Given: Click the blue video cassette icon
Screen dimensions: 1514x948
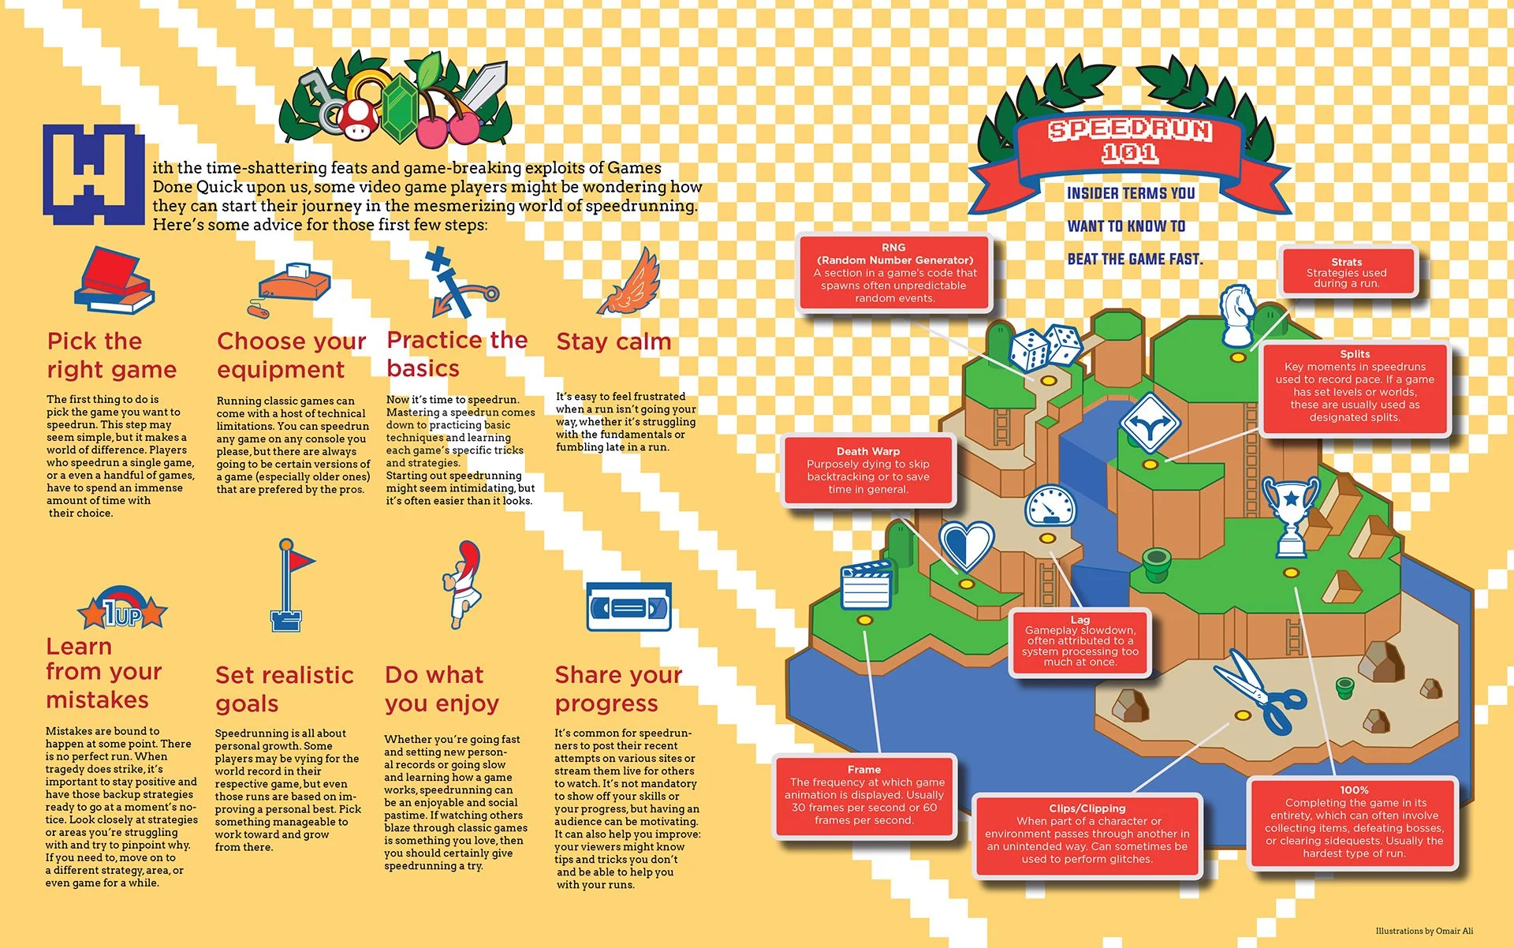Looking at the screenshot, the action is click(x=628, y=607).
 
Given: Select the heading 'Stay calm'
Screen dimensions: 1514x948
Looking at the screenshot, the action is click(x=613, y=342).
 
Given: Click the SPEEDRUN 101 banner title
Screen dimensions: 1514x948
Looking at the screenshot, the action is click(x=1129, y=140).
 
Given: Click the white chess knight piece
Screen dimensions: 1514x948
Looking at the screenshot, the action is click(x=1237, y=315).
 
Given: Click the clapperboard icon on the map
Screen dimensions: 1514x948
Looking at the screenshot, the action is click(x=867, y=585).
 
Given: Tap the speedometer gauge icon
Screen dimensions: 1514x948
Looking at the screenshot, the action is click(x=1050, y=506).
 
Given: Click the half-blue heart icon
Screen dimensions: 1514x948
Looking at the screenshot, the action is click(x=966, y=545).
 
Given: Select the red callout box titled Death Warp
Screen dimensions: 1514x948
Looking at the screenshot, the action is click(x=867, y=471).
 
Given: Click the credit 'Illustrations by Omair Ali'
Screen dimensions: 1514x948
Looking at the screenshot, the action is click(x=1424, y=931).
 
